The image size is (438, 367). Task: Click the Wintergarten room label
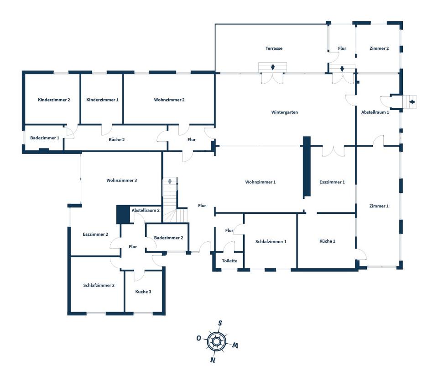284,112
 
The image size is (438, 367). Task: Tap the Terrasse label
274,48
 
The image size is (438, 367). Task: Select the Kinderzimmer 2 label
54,100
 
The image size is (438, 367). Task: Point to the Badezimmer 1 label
45,138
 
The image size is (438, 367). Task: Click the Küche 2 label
117,139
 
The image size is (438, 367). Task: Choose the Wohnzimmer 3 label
122,180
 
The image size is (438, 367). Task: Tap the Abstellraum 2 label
146,210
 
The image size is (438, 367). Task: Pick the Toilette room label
229,261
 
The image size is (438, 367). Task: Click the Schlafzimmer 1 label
271,241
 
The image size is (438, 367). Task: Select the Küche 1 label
327,241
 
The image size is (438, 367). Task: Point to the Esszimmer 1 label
332,182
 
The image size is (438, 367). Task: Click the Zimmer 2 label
379,48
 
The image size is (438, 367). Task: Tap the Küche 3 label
143,292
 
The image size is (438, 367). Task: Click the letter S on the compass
220,323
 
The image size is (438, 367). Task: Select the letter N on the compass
213,360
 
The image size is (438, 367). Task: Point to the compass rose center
216,341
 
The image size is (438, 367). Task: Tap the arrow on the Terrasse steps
272,68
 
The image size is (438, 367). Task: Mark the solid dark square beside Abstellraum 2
123,214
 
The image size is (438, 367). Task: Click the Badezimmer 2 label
168,238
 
